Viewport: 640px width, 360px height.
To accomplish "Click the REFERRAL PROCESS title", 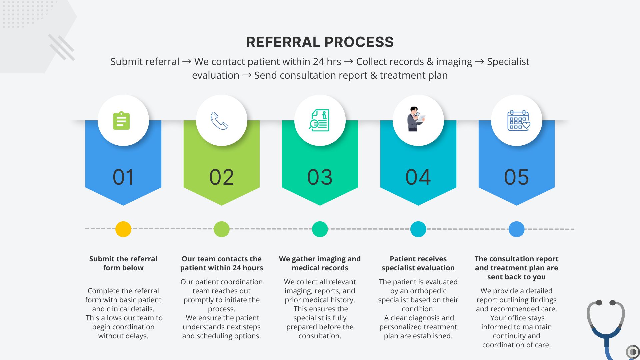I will pyautogui.click(x=320, y=42).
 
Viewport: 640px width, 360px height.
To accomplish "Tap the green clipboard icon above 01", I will pyautogui.click(x=121, y=120).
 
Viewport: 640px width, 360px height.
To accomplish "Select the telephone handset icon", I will pyautogui.click(x=219, y=121).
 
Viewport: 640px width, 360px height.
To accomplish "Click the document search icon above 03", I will pyautogui.click(x=319, y=120).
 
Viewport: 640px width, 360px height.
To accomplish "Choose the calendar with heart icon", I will pyautogui.click(x=518, y=120).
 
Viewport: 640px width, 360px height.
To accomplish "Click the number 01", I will pyautogui.click(x=123, y=177).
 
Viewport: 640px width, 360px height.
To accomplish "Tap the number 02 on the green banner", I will pyautogui.click(x=221, y=177).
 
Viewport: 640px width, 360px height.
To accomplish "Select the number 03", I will pyautogui.click(x=320, y=177).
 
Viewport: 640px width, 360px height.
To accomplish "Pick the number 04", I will pyautogui.click(x=418, y=177).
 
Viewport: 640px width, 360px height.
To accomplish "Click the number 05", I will pyautogui.click(x=516, y=177).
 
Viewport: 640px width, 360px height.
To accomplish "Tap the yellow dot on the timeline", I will pyautogui.click(x=123, y=229).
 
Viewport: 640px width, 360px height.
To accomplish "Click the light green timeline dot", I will pyautogui.click(x=222, y=229).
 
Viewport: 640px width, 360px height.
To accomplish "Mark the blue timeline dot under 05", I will pyautogui.click(x=516, y=229).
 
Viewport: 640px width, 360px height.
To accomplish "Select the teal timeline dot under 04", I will pyautogui.click(x=418, y=229).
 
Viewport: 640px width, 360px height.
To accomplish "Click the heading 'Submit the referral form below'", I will pyautogui.click(x=123, y=263).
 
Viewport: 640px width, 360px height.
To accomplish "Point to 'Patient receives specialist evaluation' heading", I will pyautogui.click(x=418, y=263).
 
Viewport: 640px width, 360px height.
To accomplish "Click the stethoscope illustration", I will pyautogui.click(x=606, y=327).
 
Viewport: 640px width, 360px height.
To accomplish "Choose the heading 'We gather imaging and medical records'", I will pyautogui.click(x=320, y=263).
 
